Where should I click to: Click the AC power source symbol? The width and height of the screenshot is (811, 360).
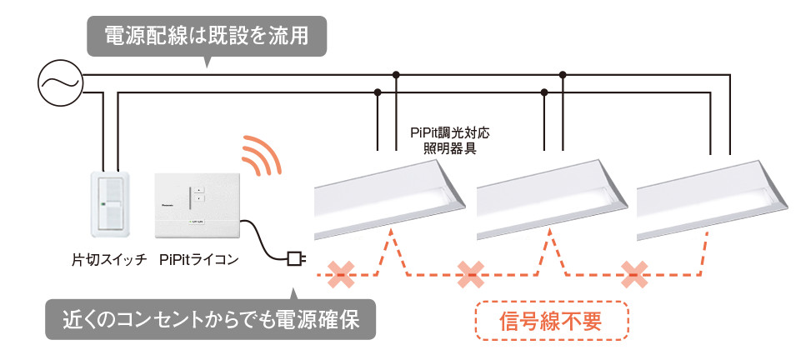click(59, 82)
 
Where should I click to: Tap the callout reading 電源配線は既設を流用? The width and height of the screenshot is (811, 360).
click(205, 37)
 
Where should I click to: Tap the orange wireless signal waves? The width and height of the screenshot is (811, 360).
click(260, 157)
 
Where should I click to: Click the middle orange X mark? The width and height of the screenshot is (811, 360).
click(472, 272)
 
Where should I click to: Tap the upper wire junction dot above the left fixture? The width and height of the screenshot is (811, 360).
click(397, 75)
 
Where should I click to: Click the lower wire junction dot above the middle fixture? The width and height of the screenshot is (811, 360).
click(544, 91)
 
